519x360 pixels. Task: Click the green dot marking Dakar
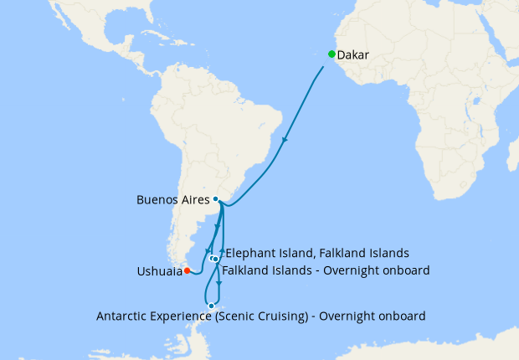[331, 54]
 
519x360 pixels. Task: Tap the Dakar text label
[352, 55]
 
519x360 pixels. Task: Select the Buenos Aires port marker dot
[216, 199]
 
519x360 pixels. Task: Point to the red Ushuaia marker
[188, 270]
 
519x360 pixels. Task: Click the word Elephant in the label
[251, 253]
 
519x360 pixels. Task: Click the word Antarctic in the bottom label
[125, 316]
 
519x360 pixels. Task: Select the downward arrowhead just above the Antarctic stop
[219, 284]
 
